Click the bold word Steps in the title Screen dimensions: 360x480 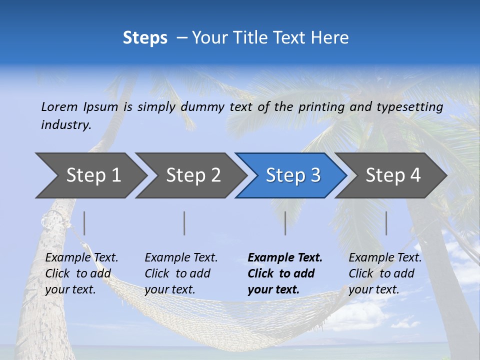(x=145, y=38)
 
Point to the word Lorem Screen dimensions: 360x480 (x=59, y=106)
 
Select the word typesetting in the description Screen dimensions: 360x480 (x=409, y=106)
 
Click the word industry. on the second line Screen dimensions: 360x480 (x=66, y=124)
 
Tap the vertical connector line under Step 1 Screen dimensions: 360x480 (x=84, y=223)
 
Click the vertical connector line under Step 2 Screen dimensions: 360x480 (x=184, y=223)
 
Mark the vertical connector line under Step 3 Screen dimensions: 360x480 (x=285, y=223)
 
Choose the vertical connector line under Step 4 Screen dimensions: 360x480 (x=386, y=223)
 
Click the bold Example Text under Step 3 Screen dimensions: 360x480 (x=285, y=258)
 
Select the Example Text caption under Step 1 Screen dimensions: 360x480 (x=81, y=258)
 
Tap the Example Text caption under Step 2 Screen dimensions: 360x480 (x=181, y=258)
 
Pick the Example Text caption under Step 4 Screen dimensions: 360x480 (x=385, y=258)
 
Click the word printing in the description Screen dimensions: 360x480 (x=321, y=106)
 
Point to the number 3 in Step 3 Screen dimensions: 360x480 (x=315, y=175)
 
